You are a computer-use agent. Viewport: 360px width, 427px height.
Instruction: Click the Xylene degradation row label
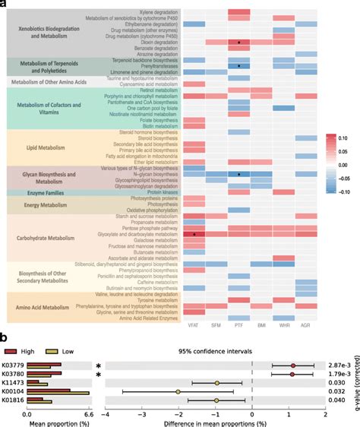(156, 12)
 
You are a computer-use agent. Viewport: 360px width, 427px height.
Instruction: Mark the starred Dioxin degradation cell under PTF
(239, 43)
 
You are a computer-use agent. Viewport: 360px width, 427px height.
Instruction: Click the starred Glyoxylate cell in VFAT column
(194, 235)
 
